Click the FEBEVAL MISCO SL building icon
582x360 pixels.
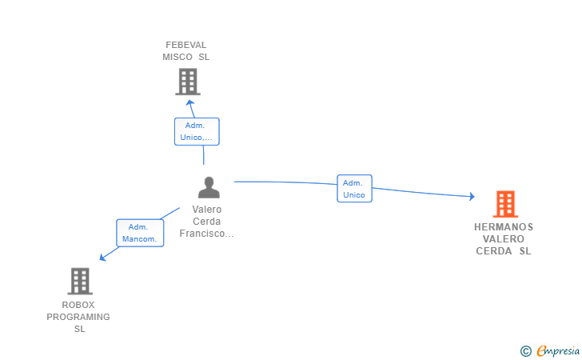click(x=188, y=82)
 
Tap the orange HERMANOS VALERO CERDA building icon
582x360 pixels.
click(x=505, y=204)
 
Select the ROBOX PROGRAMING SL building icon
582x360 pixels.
click(x=80, y=281)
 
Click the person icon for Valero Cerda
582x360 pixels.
click(x=209, y=187)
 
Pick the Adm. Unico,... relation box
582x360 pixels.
click(x=197, y=131)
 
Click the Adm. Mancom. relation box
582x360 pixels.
click(x=140, y=233)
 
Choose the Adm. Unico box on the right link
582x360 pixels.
click(x=354, y=188)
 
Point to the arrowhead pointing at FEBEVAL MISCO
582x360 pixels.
click(x=190, y=103)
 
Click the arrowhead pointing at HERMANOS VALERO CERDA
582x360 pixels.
click(x=472, y=196)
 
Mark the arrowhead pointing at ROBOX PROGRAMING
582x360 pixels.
click(x=103, y=257)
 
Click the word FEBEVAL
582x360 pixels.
click(x=186, y=45)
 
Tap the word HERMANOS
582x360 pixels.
click(x=504, y=227)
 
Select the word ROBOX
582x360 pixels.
click(x=78, y=305)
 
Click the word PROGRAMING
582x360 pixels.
click(x=78, y=317)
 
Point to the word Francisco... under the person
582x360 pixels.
click(x=207, y=234)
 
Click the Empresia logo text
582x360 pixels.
click(x=558, y=350)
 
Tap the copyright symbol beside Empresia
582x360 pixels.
click(x=526, y=351)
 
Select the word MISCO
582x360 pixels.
click(x=177, y=58)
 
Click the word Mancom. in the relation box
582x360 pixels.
click(x=140, y=239)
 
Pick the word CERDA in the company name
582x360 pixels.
click(x=494, y=251)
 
